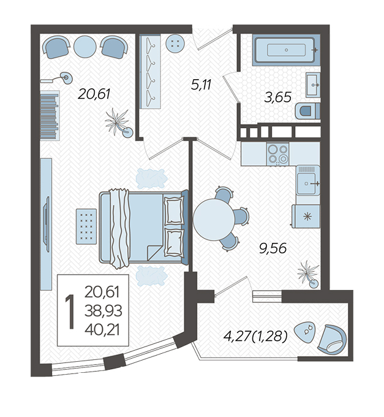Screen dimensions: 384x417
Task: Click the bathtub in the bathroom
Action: pos(286,50)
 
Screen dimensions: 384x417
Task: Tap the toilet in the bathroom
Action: pos(307,110)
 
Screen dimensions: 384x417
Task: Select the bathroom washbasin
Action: pos(313,85)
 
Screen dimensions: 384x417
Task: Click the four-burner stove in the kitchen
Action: pos(278,154)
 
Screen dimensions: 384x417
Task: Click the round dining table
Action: pos(214,220)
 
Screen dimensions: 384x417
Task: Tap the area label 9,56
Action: pos(273,248)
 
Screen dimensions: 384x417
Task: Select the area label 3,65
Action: pos(278,98)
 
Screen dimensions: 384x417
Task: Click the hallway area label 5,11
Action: pos(201,85)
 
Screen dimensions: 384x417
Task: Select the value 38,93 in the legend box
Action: pos(104,311)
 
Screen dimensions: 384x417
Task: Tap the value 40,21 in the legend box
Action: pos(102,330)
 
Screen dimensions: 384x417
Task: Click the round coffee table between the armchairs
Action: pos(85,47)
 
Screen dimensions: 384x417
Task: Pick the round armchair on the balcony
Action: pos(332,340)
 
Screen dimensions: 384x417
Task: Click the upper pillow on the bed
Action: pos(174,210)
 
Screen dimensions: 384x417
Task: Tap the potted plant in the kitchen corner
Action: pos(309,274)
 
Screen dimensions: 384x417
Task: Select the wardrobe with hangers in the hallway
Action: pos(150,72)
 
